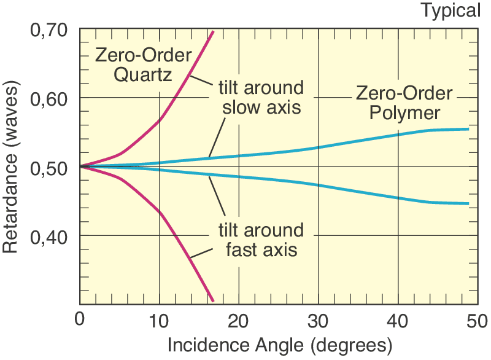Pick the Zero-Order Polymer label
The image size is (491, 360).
404,103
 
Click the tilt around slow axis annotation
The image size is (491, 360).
261,97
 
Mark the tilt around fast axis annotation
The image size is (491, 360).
261,240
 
